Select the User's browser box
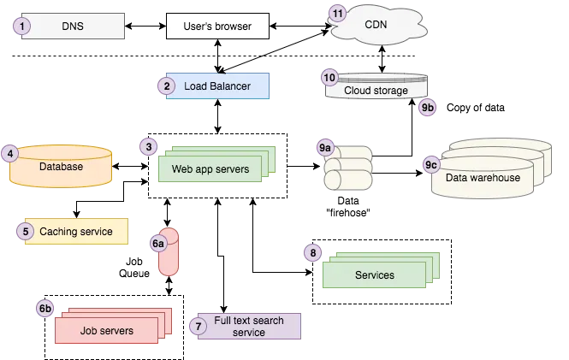(217, 27)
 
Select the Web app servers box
(210, 168)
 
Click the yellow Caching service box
(75, 231)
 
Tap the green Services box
(374, 274)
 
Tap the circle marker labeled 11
(339, 15)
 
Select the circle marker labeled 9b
(428, 109)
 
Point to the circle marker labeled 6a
(158, 244)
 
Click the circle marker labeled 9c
(431, 163)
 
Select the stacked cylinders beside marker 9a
(348, 168)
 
